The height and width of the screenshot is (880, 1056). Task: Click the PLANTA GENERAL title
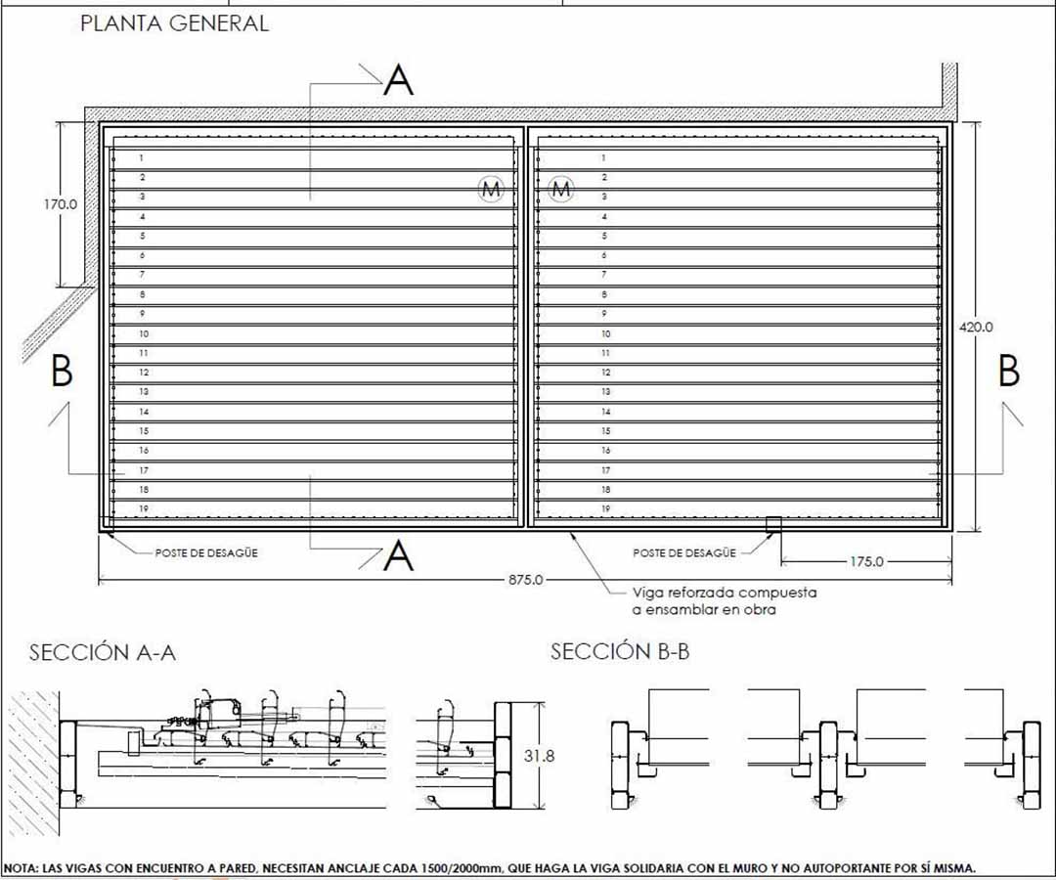[x=174, y=23]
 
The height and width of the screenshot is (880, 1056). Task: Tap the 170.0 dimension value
[x=61, y=204]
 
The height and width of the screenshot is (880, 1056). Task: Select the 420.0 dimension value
[x=976, y=328]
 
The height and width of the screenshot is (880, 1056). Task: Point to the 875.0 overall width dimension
[x=525, y=580]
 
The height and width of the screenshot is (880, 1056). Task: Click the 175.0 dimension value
[x=866, y=561]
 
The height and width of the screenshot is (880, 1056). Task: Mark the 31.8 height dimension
[x=540, y=756]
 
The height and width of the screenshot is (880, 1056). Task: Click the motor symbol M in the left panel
[x=492, y=189]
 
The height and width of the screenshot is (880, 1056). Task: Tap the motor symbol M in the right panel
[x=561, y=189]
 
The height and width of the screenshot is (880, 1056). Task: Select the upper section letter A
[x=399, y=80]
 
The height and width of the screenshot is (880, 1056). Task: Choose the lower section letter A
[x=399, y=556]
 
